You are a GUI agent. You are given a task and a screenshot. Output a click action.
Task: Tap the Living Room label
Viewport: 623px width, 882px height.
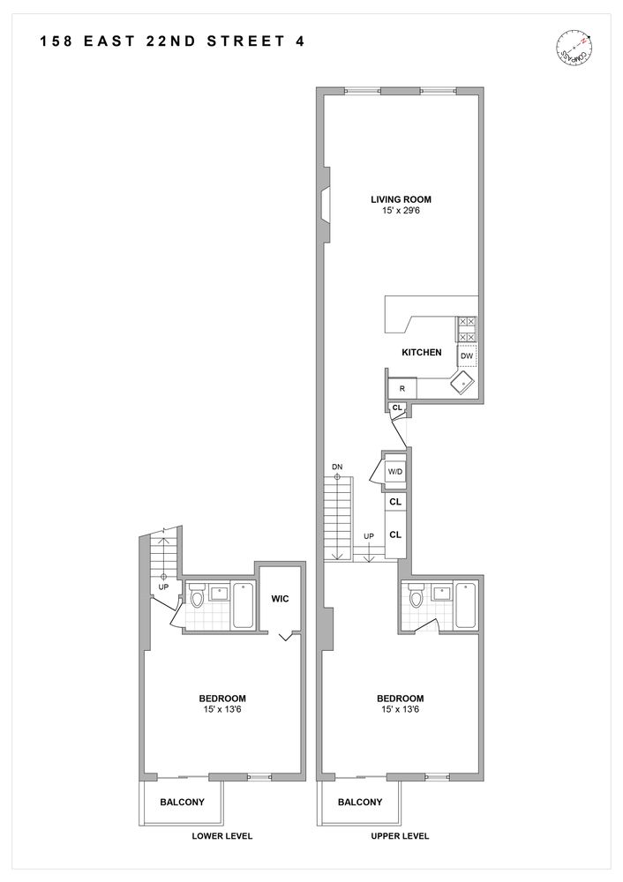coord(401,199)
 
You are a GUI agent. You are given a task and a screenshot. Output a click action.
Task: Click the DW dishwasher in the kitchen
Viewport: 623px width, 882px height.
coord(467,355)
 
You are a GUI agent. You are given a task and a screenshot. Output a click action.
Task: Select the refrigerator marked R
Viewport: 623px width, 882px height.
coord(402,388)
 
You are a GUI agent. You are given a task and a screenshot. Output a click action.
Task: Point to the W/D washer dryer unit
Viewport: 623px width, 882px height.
coord(395,472)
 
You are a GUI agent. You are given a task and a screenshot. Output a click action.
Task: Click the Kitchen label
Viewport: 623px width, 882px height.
coord(421,353)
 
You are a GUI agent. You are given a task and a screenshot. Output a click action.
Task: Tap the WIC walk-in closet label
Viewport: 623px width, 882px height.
coord(281,600)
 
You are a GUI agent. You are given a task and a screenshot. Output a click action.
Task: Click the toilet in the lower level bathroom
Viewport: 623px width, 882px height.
coord(198,600)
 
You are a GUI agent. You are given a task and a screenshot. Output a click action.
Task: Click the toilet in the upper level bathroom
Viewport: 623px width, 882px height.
coord(417,600)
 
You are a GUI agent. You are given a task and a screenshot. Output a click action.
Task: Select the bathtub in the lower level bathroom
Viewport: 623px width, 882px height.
coord(243,604)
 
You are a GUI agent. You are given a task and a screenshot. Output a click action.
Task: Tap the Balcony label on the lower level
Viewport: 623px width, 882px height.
coord(183,803)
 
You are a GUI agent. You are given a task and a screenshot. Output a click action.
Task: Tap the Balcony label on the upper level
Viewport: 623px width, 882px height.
coord(360,803)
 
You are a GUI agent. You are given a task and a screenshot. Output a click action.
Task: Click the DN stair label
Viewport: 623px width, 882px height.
coord(337,466)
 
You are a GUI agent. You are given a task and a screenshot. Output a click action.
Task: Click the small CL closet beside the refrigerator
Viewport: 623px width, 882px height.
coord(397,407)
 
